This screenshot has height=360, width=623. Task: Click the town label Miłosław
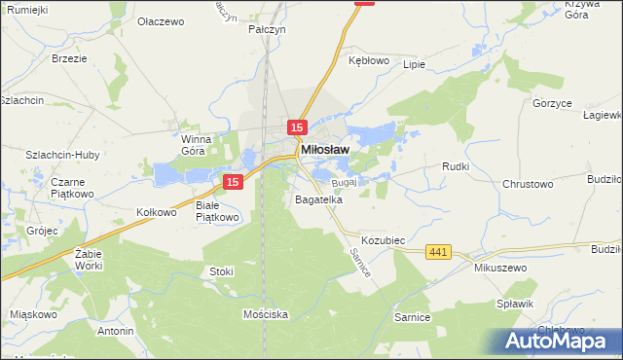[326, 150]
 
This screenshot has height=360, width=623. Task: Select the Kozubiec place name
[383, 239]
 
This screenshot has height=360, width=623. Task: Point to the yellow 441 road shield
[438, 253]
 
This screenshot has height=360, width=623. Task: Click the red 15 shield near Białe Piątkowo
[232, 182]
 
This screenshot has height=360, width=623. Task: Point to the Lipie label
[414, 65]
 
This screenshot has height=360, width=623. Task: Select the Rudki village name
[456, 166]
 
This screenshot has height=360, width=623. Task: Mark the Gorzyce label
[551, 102]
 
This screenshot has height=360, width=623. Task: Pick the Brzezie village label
[70, 58]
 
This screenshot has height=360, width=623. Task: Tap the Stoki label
[221, 271]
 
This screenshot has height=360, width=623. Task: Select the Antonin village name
[115, 331]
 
